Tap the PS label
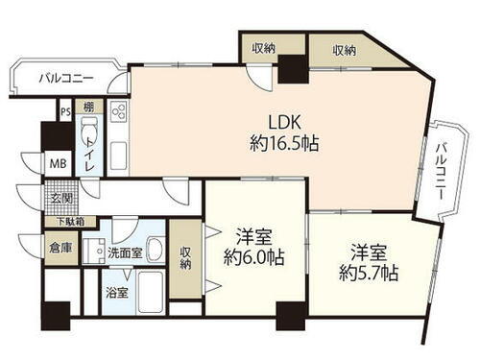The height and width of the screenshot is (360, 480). click(65, 111)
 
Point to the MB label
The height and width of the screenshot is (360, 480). click(59, 162)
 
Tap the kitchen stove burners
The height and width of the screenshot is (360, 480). click(120, 114)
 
